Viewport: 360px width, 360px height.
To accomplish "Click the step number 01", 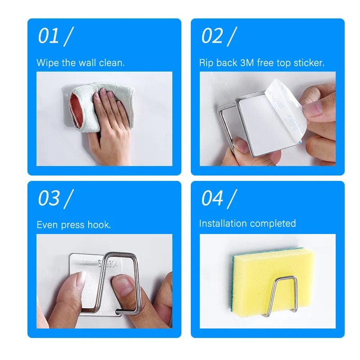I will [x=49, y=36].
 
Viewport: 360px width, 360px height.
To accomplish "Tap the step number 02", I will [x=211, y=36].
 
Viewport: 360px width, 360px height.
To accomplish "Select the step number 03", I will [x=49, y=198].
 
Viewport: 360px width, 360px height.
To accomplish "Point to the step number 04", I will [x=212, y=198].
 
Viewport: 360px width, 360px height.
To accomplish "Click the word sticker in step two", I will [x=308, y=63].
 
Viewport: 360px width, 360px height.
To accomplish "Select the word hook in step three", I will [x=100, y=225].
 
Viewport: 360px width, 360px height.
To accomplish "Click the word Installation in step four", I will [x=223, y=224].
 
